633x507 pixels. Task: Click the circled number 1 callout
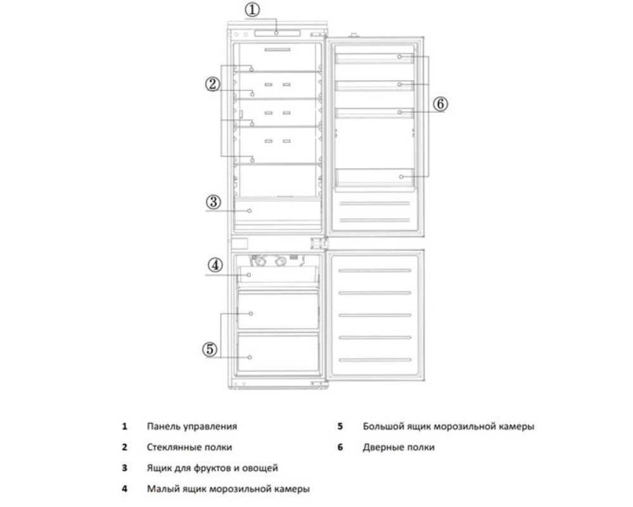[x=253, y=10]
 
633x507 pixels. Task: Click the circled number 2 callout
[x=212, y=84]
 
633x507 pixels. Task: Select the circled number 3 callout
[x=214, y=202]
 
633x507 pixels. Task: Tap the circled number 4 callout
[x=215, y=264]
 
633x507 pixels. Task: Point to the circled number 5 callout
[x=210, y=349]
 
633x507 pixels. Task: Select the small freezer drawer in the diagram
[x=278, y=275]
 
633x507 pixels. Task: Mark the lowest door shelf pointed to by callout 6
[x=374, y=178]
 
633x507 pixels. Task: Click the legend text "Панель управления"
[x=192, y=427]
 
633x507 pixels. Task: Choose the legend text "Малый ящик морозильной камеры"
[x=228, y=489]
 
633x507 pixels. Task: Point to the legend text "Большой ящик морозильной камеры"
[x=448, y=427]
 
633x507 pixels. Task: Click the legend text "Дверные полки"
[x=399, y=447]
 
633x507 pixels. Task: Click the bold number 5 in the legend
[x=340, y=427]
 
